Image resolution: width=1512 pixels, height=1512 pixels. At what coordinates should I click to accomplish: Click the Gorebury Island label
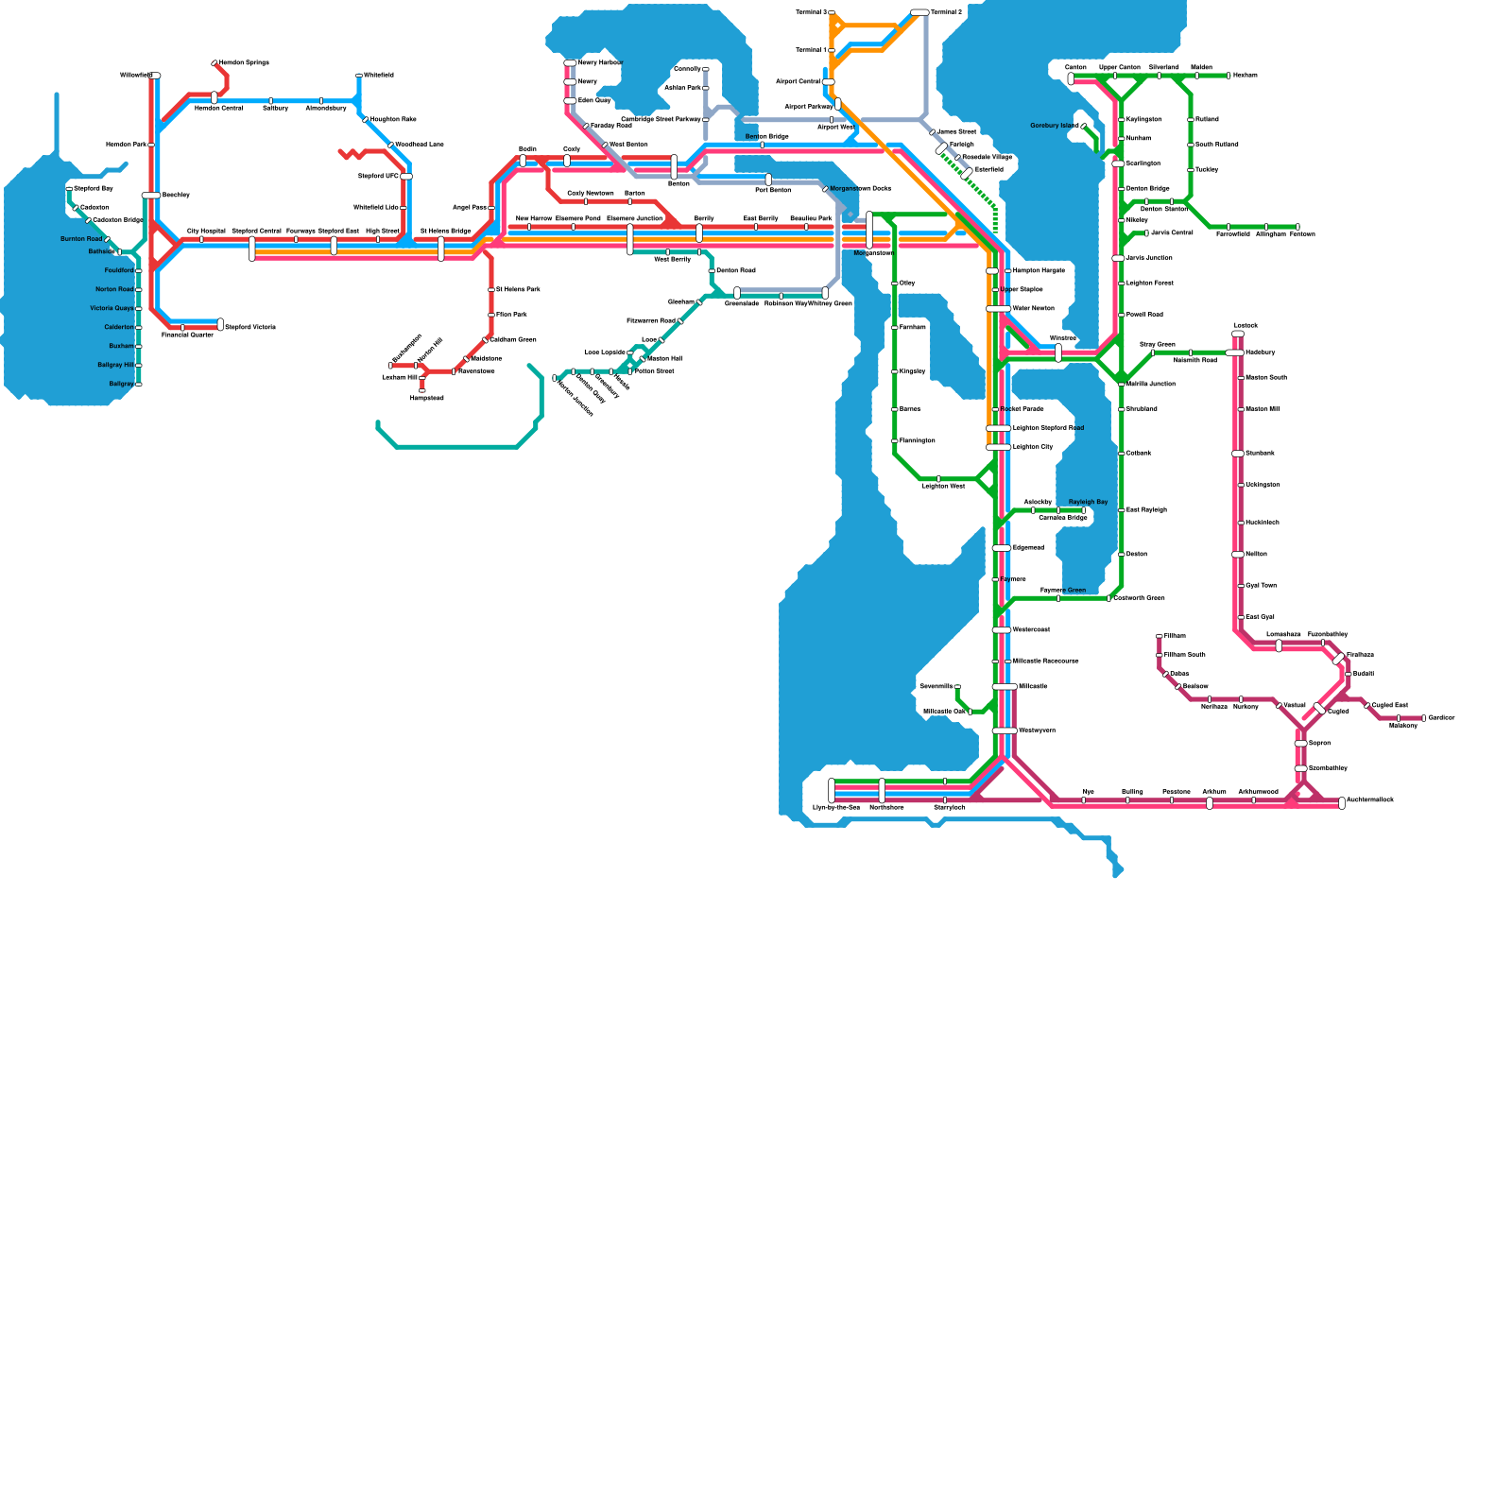point(1054,126)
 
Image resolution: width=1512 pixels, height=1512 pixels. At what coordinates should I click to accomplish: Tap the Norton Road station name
point(114,289)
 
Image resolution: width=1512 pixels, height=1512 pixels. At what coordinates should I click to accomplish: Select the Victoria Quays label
point(112,308)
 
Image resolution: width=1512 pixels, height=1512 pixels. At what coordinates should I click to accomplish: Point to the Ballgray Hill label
point(116,365)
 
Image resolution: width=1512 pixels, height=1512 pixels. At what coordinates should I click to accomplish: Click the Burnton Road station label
point(81,239)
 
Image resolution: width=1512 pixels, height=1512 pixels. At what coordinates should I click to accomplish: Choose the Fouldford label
point(119,270)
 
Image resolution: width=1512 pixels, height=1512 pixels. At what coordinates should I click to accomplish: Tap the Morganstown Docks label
point(860,188)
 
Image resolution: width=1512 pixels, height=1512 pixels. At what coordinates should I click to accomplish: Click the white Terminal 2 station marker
point(919,12)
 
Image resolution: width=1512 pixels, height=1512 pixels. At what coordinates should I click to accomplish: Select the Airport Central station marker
point(829,82)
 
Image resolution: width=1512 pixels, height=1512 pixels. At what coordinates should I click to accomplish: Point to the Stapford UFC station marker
point(406,177)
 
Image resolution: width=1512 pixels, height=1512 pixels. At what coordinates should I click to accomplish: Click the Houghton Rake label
point(393,119)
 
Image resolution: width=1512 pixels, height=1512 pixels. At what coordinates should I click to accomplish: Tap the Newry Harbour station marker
point(570,63)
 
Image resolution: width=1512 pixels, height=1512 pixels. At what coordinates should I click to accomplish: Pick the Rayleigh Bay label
point(1088,502)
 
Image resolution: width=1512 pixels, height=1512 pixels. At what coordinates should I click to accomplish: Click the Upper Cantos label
point(1119,68)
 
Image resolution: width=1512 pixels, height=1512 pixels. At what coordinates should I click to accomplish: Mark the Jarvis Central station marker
point(1146,232)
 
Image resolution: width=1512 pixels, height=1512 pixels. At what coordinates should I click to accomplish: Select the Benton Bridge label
point(766,137)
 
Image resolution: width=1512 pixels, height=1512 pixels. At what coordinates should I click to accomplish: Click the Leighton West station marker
point(938,479)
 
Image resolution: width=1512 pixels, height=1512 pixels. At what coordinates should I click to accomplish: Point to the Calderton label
point(119,327)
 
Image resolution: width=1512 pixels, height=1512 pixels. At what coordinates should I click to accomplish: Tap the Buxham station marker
point(139,346)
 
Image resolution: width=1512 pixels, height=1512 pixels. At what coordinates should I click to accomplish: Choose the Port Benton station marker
point(768,180)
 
